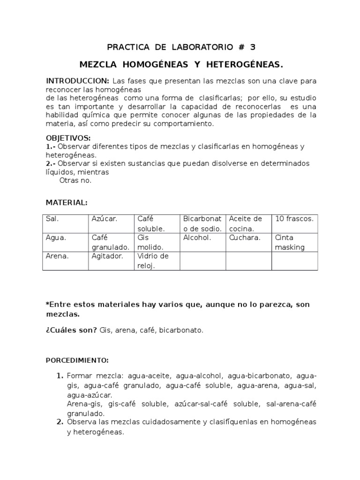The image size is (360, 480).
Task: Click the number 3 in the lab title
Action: pyautogui.click(x=253, y=47)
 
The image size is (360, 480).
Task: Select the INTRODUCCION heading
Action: pyautogui.click(x=77, y=81)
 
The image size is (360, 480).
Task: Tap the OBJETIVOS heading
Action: pyautogui.click(x=68, y=138)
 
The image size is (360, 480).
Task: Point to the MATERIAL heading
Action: pyautogui.click(x=66, y=202)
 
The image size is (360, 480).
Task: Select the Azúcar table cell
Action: pyautogui.click(x=111, y=224)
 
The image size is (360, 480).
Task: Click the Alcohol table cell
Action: pyautogui.click(x=202, y=242)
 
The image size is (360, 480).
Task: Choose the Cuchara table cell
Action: pyautogui.click(x=248, y=242)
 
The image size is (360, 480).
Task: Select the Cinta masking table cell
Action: pyautogui.click(x=294, y=242)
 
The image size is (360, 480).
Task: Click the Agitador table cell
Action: pyautogui.click(x=111, y=261)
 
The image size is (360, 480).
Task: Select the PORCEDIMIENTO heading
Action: pyautogui.click(x=77, y=360)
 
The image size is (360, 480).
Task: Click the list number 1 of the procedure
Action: pyautogui.click(x=60, y=376)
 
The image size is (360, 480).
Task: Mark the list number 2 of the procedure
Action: pyautogui.click(x=60, y=422)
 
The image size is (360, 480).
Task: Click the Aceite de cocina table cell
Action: pyautogui.click(x=248, y=224)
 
